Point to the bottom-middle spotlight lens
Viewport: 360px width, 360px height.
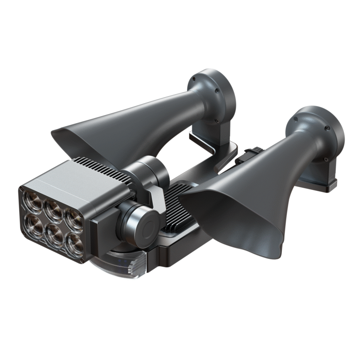tap(54, 232)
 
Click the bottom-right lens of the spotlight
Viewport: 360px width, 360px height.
tap(74, 243)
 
